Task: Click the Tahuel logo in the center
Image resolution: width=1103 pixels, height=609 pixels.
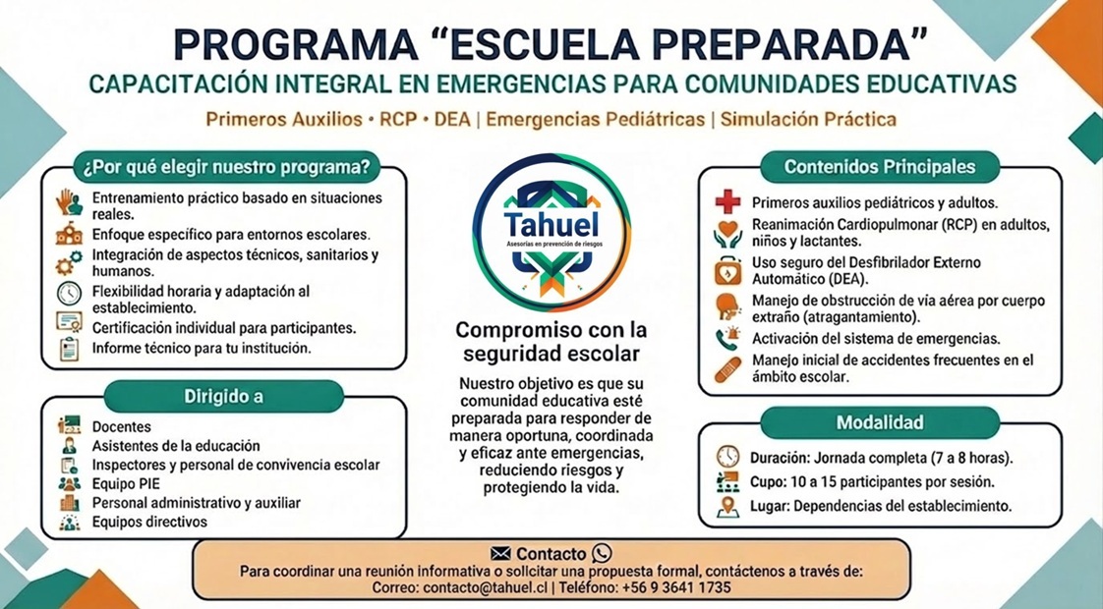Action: [x=551, y=233]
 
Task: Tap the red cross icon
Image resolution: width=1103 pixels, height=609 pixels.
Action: [x=728, y=202]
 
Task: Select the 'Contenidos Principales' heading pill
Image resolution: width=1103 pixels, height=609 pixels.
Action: [x=879, y=167]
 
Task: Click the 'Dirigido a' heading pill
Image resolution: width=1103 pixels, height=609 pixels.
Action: [x=224, y=397]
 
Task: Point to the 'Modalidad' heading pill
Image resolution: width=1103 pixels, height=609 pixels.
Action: [x=879, y=422]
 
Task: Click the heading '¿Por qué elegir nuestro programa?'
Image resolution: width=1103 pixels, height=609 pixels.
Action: [x=226, y=167]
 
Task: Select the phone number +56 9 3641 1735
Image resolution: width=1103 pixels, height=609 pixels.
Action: [x=676, y=587]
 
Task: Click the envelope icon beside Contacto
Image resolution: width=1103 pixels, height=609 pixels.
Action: [x=500, y=553]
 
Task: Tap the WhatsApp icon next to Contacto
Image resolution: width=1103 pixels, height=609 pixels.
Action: [x=603, y=553]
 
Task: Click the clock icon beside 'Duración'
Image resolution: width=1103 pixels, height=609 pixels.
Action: [x=728, y=457]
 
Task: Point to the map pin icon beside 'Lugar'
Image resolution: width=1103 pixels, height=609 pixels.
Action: [x=728, y=506]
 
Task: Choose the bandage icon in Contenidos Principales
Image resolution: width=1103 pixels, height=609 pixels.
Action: [x=728, y=369]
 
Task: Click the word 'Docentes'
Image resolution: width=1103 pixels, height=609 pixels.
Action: [x=122, y=427]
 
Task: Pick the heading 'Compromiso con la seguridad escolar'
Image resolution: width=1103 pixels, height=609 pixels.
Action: [x=551, y=341]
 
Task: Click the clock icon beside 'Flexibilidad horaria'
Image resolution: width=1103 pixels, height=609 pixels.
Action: [x=69, y=293]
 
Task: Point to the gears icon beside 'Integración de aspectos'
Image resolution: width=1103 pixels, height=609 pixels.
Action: [x=69, y=261]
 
